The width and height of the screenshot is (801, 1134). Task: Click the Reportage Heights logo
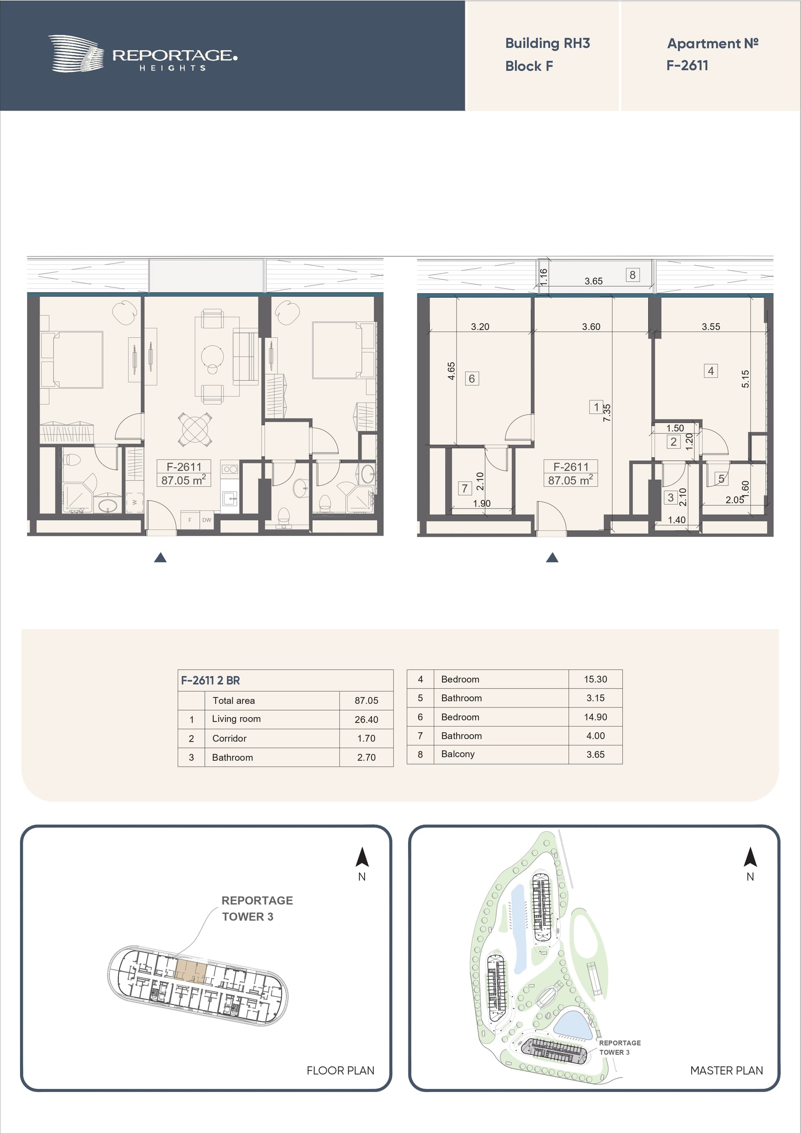[143, 54]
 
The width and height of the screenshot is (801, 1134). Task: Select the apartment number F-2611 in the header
[687, 65]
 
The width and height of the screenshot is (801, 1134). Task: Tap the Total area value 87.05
[366, 700]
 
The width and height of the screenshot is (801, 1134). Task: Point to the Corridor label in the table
[229, 738]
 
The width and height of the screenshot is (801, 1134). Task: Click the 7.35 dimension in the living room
[607, 413]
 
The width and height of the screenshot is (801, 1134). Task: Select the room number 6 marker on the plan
[472, 378]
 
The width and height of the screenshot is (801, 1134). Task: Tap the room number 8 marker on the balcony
[632, 275]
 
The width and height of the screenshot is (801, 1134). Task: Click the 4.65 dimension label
[451, 370]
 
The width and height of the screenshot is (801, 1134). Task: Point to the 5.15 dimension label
[745, 379]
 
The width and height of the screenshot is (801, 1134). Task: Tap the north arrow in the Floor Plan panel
[362, 858]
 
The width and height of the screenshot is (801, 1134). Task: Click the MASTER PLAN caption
[726, 1070]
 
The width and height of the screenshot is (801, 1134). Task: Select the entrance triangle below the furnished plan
[160, 558]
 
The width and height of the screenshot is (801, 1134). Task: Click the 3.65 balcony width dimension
[593, 281]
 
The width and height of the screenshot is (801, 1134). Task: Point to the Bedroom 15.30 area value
[595, 679]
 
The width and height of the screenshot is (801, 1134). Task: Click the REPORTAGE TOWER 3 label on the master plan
[620, 1047]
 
